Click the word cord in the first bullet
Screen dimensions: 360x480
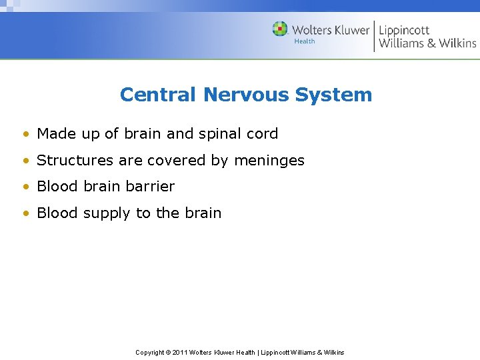click(x=263, y=133)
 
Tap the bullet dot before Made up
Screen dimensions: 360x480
click(x=25, y=134)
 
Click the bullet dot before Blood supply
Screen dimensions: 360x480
click(x=25, y=214)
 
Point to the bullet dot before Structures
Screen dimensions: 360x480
click(x=25, y=161)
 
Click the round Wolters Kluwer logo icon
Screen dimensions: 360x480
click(x=280, y=29)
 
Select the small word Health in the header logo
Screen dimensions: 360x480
click(x=304, y=41)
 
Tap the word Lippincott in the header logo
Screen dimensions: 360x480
click(x=404, y=30)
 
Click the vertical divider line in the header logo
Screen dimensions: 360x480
click(x=374, y=36)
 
